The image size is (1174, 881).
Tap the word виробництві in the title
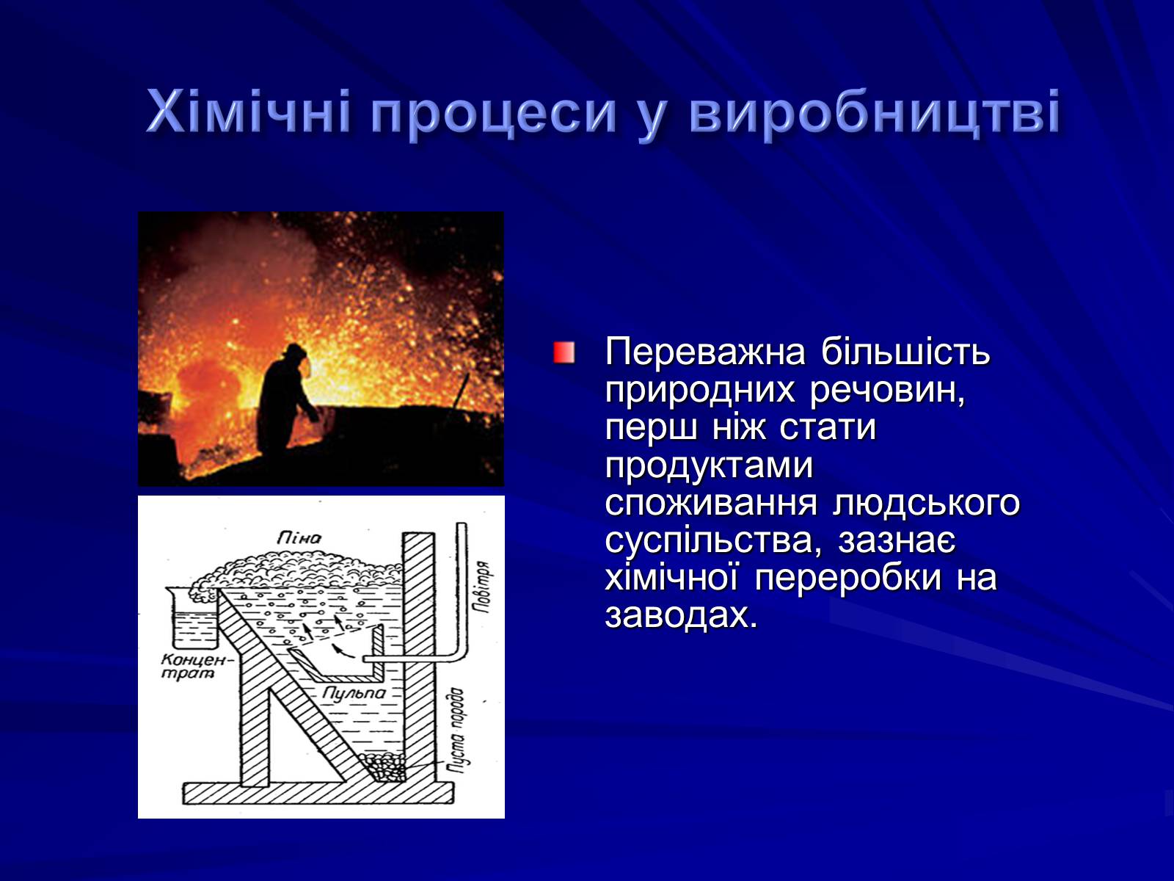(875, 112)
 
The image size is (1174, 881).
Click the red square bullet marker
(564, 352)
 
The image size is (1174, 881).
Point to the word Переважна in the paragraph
(705, 353)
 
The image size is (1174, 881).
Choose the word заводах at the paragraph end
(681, 616)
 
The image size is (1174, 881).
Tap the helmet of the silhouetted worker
(295, 351)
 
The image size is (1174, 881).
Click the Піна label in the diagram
(299, 537)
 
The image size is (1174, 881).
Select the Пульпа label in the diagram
(354, 694)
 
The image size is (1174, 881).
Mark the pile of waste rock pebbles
(382, 768)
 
